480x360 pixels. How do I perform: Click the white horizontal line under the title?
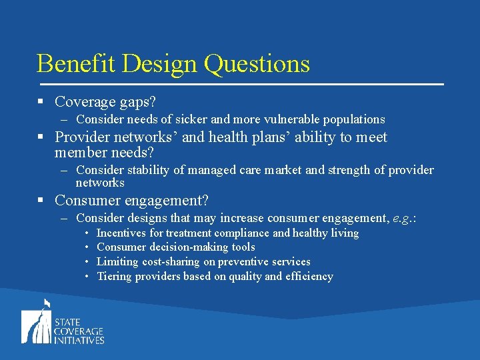[x=240, y=85]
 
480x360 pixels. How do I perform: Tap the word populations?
[x=354, y=120]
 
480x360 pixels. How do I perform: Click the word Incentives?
[x=121, y=233]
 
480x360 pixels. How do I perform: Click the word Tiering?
[x=114, y=277]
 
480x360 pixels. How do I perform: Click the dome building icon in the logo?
[x=35, y=323]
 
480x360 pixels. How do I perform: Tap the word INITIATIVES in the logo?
[x=79, y=340]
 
